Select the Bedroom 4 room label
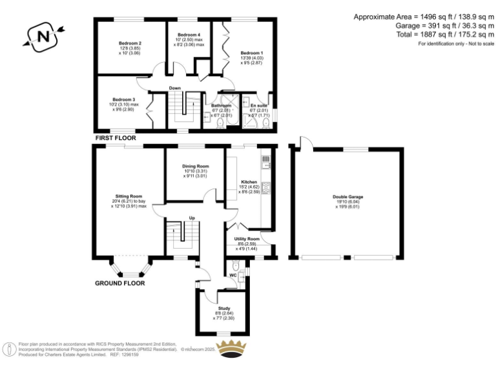click(189, 34)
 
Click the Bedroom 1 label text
click(252, 52)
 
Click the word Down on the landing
click(174, 88)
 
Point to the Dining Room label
click(194, 166)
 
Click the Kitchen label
click(249, 183)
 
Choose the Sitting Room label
click(129, 196)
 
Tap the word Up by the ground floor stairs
click(191, 218)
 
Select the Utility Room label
click(247, 239)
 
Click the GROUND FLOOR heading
click(120, 283)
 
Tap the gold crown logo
click(231, 347)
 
